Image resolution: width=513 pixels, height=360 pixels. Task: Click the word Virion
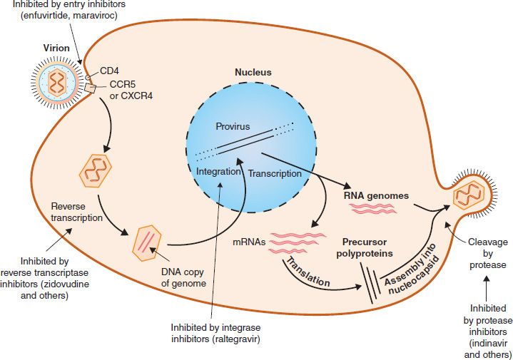pyautogui.click(x=56, y=48)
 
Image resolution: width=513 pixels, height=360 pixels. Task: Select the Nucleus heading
pyautogui.click(x=253, y=73)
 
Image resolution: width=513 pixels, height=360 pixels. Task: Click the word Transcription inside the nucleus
pyautogui.click(x=275, y=173)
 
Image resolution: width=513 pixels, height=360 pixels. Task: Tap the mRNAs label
pyautogui.click(x=252, y=242)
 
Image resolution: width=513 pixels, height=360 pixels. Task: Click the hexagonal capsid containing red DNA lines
pyautogui.click(x=146, y=240)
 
